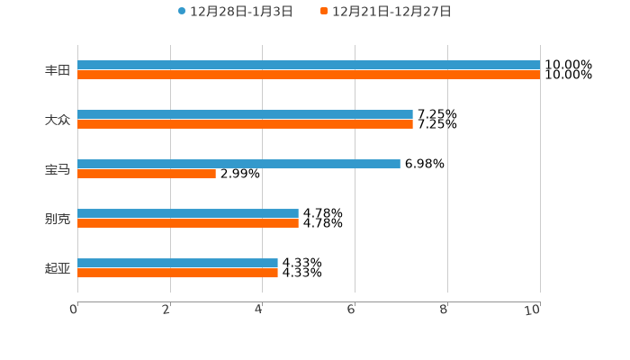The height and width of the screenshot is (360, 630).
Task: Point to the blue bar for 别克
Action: [188, 213]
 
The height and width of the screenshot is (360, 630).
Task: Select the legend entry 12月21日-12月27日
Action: [386, 12]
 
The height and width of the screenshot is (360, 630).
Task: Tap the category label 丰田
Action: [58, 70]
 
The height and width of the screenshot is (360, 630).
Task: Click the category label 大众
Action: [58, 120]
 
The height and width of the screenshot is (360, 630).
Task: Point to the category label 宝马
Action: [58, 169]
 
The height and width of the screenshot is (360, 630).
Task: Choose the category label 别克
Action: [58, 219]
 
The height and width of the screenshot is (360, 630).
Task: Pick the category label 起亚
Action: [58, 268]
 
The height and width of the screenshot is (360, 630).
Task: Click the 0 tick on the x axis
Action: [74, 310]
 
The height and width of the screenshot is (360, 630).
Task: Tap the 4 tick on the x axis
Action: [259, 310]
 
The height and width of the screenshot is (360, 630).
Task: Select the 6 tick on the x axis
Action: [352, 310]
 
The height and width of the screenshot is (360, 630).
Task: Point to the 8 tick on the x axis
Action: [445, 310]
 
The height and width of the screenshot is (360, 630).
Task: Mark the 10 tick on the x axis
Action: [534, 310]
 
